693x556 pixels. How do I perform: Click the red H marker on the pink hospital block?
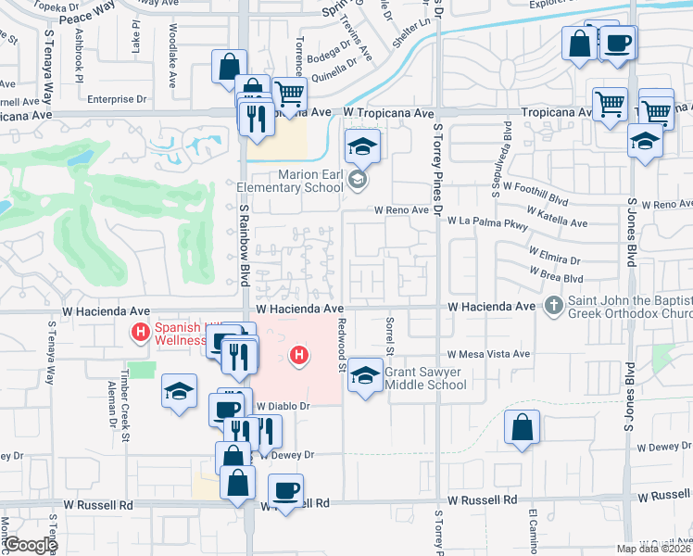298,354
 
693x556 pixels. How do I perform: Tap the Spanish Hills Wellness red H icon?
141,332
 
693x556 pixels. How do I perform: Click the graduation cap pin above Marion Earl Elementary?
363,145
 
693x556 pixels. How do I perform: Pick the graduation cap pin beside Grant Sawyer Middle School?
366,375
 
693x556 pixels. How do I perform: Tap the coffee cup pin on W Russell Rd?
285,489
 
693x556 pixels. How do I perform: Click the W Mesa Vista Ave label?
488,354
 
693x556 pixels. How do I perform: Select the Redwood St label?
342,347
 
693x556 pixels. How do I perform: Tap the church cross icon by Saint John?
554,305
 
